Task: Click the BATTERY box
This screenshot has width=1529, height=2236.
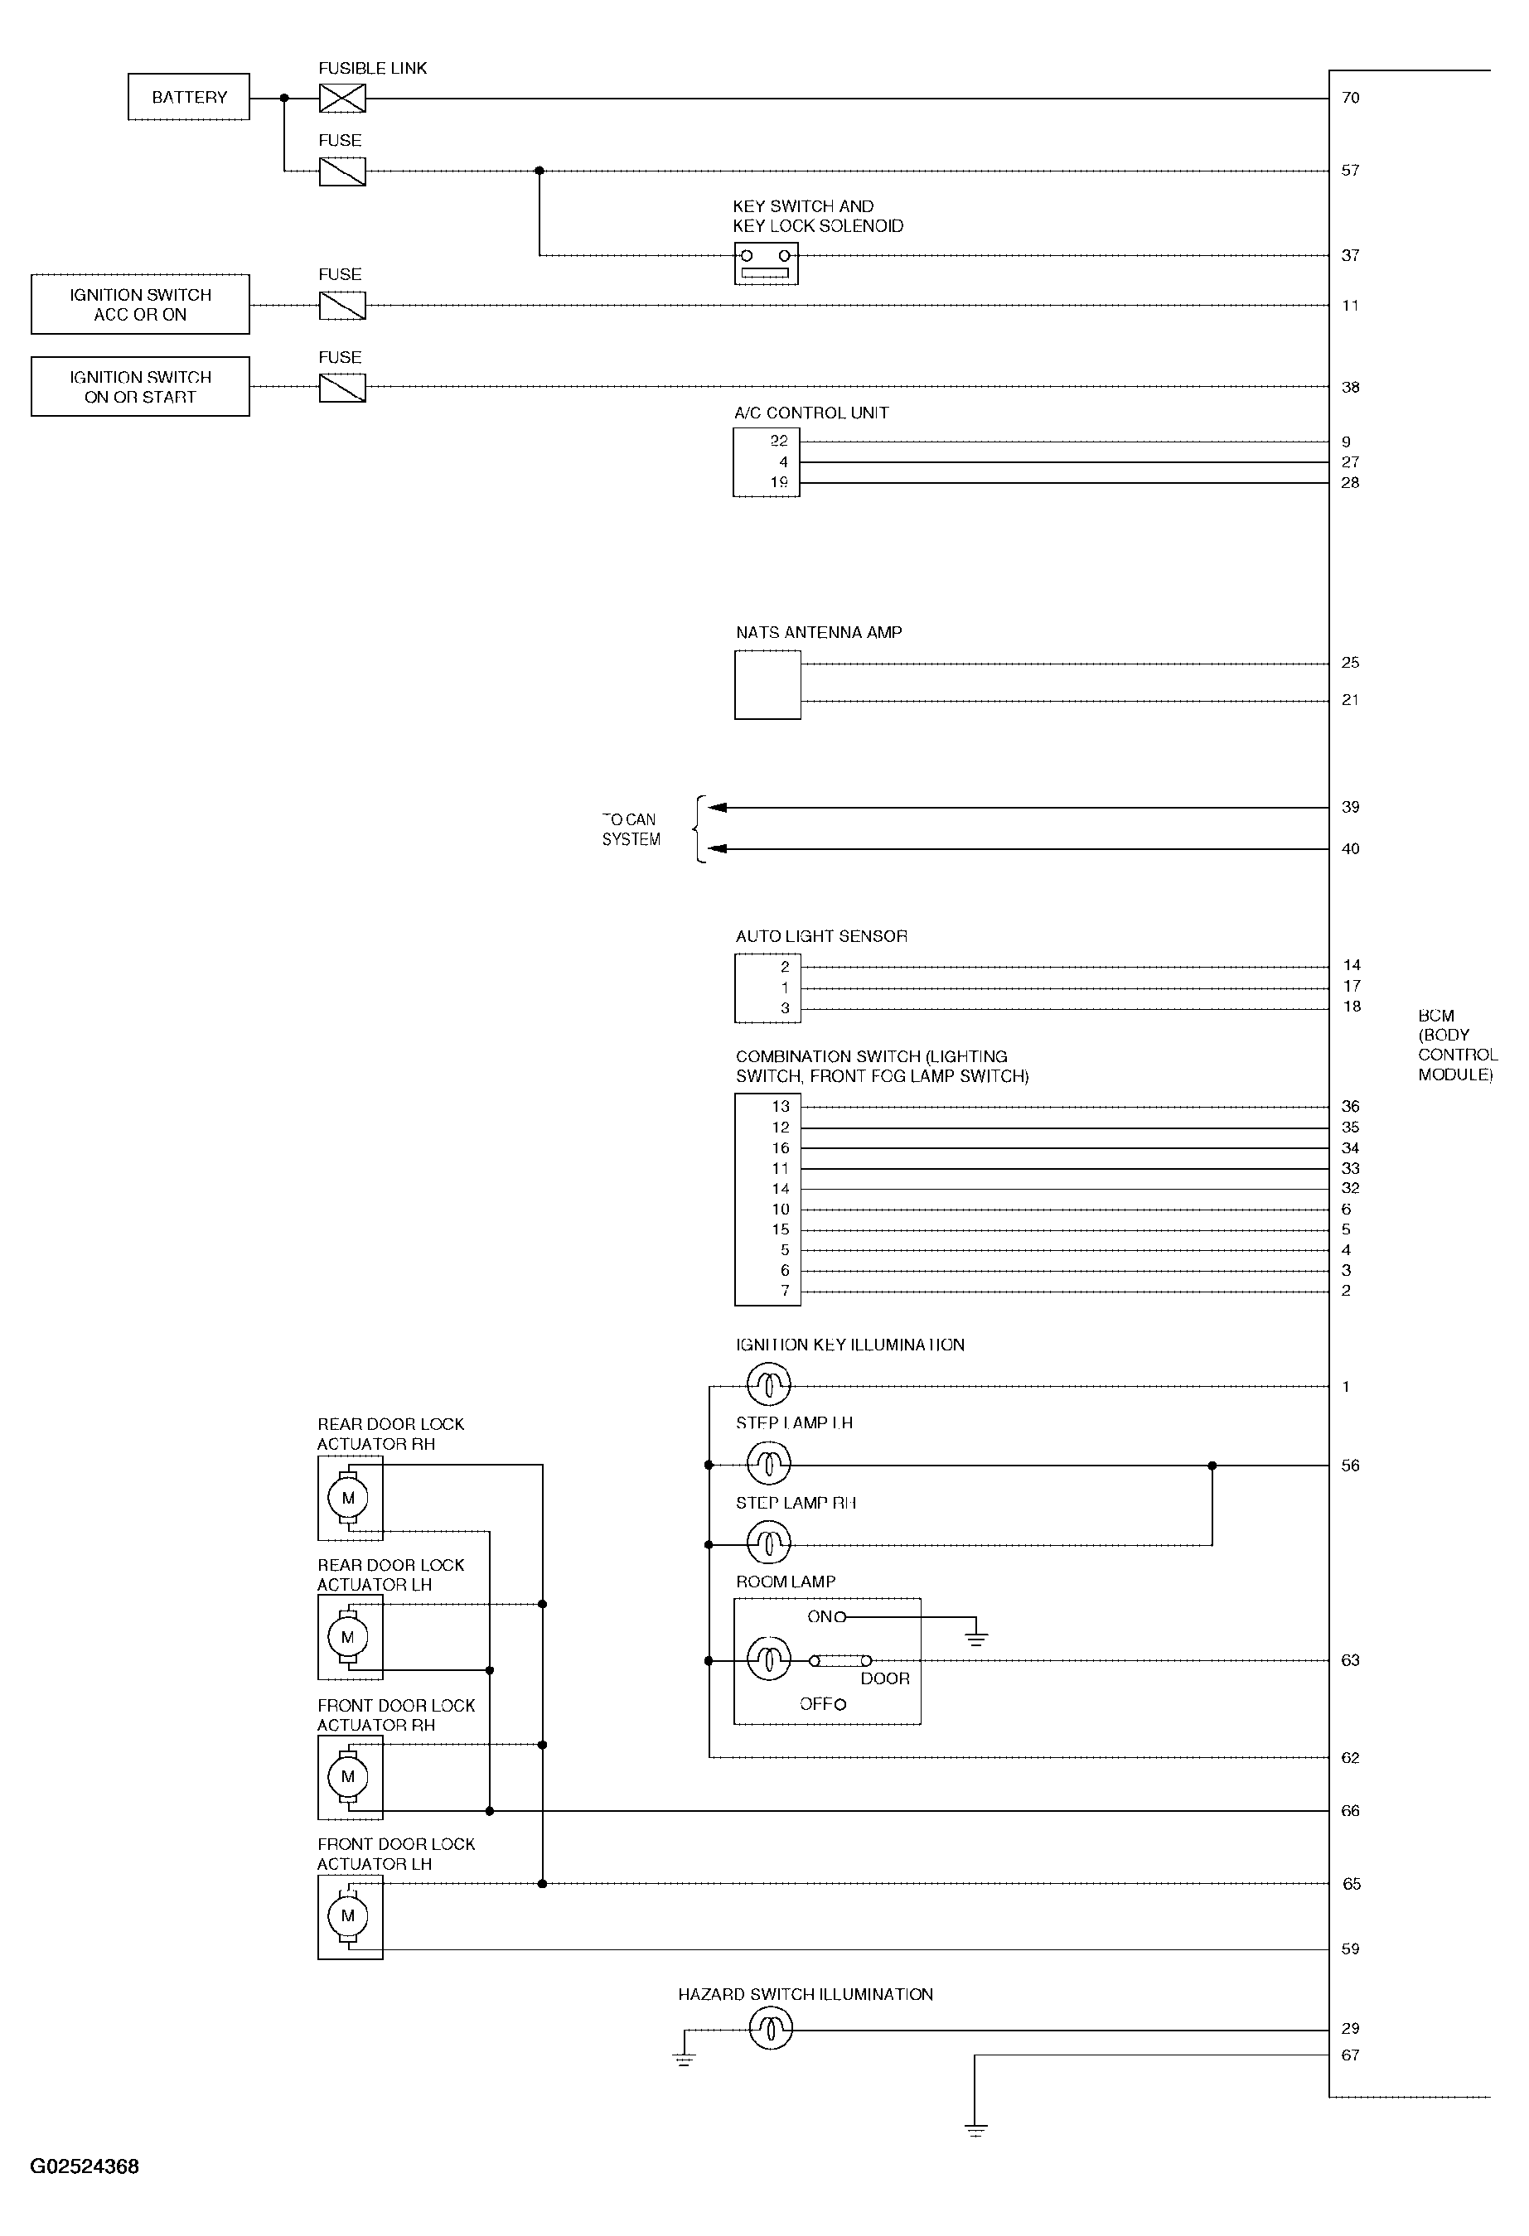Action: tap(189, 97)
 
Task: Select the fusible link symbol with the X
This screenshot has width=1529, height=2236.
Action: tap(341, 98)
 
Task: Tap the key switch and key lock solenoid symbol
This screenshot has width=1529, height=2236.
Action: tap(766, 263)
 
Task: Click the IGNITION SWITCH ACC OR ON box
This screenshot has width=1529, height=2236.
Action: tap(141, 305)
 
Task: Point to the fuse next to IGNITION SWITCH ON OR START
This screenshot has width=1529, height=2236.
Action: tap(341, 387)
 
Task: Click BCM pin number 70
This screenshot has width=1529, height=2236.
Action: tap(1350, 98)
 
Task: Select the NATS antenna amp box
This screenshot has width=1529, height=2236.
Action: tap(767, 684)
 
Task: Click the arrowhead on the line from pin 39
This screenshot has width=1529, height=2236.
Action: tap(717, 807)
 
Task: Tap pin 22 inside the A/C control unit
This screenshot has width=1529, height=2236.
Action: tap(778, 441)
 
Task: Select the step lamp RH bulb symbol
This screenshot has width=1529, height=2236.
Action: tap(768, 1544)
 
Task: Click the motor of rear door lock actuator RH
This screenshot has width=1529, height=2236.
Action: tap(348, 1498)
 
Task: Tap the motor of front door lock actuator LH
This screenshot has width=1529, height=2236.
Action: tap(348, 1915)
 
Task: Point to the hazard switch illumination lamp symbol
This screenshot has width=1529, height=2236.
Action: tap(770, 2030)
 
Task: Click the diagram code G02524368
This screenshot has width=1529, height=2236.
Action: tap(85, 2166)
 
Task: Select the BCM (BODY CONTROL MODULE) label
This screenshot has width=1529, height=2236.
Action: tap(1456, 1045)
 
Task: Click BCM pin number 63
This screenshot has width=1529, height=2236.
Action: tap(1350, 1661)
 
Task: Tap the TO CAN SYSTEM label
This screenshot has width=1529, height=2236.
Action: tap(631, 829)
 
